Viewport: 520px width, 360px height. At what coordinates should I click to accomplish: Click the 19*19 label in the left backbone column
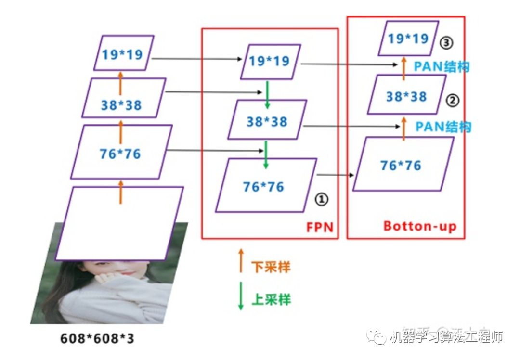tap(122, 54)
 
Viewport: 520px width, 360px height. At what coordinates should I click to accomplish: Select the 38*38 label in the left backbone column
tap(122, 104)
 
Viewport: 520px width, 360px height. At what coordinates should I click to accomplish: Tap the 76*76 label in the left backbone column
tap(120, 154)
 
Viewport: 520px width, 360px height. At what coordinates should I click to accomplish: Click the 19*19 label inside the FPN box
tap(269, 61)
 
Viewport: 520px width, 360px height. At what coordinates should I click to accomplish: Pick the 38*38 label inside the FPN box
tap(267, 121)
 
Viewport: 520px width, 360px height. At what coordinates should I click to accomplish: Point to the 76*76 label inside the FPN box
tap(263, 186)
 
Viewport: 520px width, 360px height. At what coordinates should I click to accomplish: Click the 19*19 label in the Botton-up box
tap(408, 39)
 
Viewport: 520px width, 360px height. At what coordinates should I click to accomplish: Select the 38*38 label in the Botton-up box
tap(406, 97)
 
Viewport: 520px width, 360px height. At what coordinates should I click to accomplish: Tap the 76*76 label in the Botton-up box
tap(401, 165)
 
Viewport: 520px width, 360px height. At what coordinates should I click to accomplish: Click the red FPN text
tap(320, 227)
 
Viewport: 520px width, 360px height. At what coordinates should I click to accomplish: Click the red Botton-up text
tap(420, 226)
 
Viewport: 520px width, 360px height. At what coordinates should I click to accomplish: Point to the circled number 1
tap(321, 198)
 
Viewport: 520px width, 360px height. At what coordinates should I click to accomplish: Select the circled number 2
tap(453, 101)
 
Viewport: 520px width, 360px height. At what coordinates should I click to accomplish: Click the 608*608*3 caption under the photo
tap(97, 338)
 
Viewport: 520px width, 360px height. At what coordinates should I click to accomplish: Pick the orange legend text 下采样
tap(271, 267)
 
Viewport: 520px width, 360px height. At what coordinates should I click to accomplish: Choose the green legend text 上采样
tap(271, 299)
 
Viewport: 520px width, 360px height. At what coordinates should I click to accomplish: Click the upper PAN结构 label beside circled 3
tap(442, 66)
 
